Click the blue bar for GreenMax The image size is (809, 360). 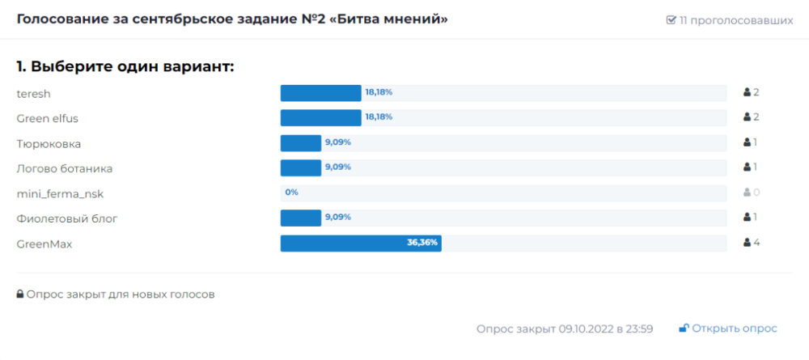pyautogui.click(x=360, y=244)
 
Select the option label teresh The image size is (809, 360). pyautogui.click(x=34, y=93)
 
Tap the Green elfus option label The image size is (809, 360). pyautogui.click(x=47, y=118)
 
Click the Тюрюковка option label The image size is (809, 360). pyautogui.click(x=49, y=143)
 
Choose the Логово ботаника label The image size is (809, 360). pyautogui.click(x=65, y=168)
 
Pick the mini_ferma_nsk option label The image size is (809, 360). pyautogui.click(x=60, y=193)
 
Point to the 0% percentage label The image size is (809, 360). pyautogui.click(x=292, y=193)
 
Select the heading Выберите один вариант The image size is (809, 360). pyautogui.click(x=125, y=66)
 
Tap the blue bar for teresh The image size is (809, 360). pyautogui.click(x=320, y=93)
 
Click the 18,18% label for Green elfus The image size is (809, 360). pyautogui.click(x=379, y=117)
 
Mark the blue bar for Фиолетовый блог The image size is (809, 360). pyautogui.click(x=301, y=218)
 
